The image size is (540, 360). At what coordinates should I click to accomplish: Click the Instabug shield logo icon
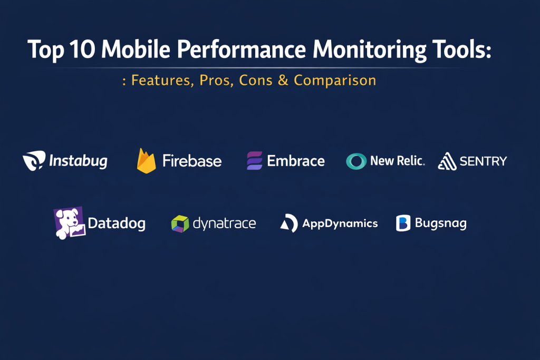[x=34, y=160]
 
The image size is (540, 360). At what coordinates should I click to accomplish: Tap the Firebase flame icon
[x=147, y=161]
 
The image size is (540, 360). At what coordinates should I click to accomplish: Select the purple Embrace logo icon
[x=255, y=161]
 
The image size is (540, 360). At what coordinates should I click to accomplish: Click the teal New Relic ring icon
[x=356, y=161]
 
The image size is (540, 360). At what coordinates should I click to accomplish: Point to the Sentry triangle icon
[x=447, y=161]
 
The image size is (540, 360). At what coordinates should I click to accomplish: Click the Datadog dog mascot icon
[x=69, y=223]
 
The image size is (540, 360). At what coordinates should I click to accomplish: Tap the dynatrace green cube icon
[x=180, y=223]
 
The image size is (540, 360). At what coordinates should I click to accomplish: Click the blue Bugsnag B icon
[x=403, y=223]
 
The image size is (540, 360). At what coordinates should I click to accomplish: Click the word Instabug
[x=78, y=161]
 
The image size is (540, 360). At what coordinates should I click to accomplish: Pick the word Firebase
[x=192, y=161]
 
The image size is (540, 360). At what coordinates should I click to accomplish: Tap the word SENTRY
[x=483, y=161]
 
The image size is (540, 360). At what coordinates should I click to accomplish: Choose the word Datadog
[x=117, y=223]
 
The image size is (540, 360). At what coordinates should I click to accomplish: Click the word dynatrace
[x=224, y=223]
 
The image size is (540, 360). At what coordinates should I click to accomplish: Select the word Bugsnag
[x=441, y=223]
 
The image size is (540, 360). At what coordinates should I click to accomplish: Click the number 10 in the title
[x=82, y=49]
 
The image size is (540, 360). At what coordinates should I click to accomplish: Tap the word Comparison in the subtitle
[x=335, y=80]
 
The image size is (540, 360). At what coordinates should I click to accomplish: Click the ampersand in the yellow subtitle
[x=283, y=80]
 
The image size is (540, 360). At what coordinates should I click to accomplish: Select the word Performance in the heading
[x=242, y=49]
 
